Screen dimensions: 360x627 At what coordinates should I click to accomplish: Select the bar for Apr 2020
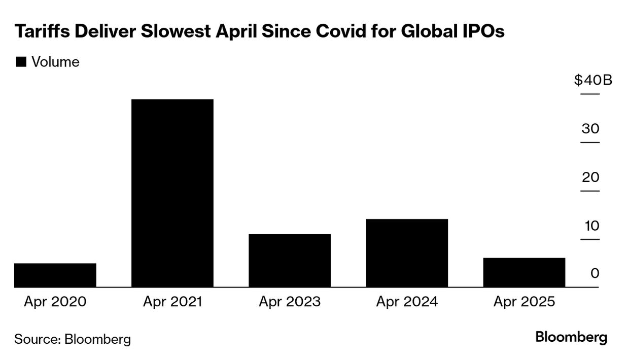click(x=55, y=275)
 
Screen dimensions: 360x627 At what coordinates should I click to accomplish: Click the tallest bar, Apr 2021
click(x=172, y=193)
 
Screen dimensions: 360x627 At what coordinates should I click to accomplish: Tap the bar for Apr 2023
click(x=290, y=261)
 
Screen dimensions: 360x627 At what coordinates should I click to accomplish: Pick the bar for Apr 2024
click(x=407, y=253)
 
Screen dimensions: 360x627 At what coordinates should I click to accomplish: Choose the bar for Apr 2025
click(x=524, y=272)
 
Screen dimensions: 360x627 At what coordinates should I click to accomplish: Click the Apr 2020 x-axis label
click(x=55, y=302)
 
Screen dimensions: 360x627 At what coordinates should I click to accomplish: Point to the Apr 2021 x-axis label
click(x=172, y=302)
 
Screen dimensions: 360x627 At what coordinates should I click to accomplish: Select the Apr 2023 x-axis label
click(x=290, y=302)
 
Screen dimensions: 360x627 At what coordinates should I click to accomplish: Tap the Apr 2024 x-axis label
click(x=407, y=302)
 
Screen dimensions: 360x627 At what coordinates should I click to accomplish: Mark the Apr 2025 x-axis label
click(x=524, y=302)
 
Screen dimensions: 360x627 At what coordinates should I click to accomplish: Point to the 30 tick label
click(x=590, y=129)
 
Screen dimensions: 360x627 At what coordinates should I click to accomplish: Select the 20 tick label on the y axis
click(x=590, y=177)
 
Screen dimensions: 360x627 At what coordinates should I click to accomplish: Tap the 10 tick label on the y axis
click(x=590, y=226)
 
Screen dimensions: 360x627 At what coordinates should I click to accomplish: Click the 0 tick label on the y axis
click(x=595, y=274)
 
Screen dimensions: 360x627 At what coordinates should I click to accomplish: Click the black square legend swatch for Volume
click(x=21, y=62)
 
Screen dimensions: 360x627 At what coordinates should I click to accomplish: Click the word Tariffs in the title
click(x=42, y=32)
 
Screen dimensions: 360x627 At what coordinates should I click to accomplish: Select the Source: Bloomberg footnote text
click(x=72, y=339)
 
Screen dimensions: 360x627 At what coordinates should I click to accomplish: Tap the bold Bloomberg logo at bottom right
click(x=571, y=337)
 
